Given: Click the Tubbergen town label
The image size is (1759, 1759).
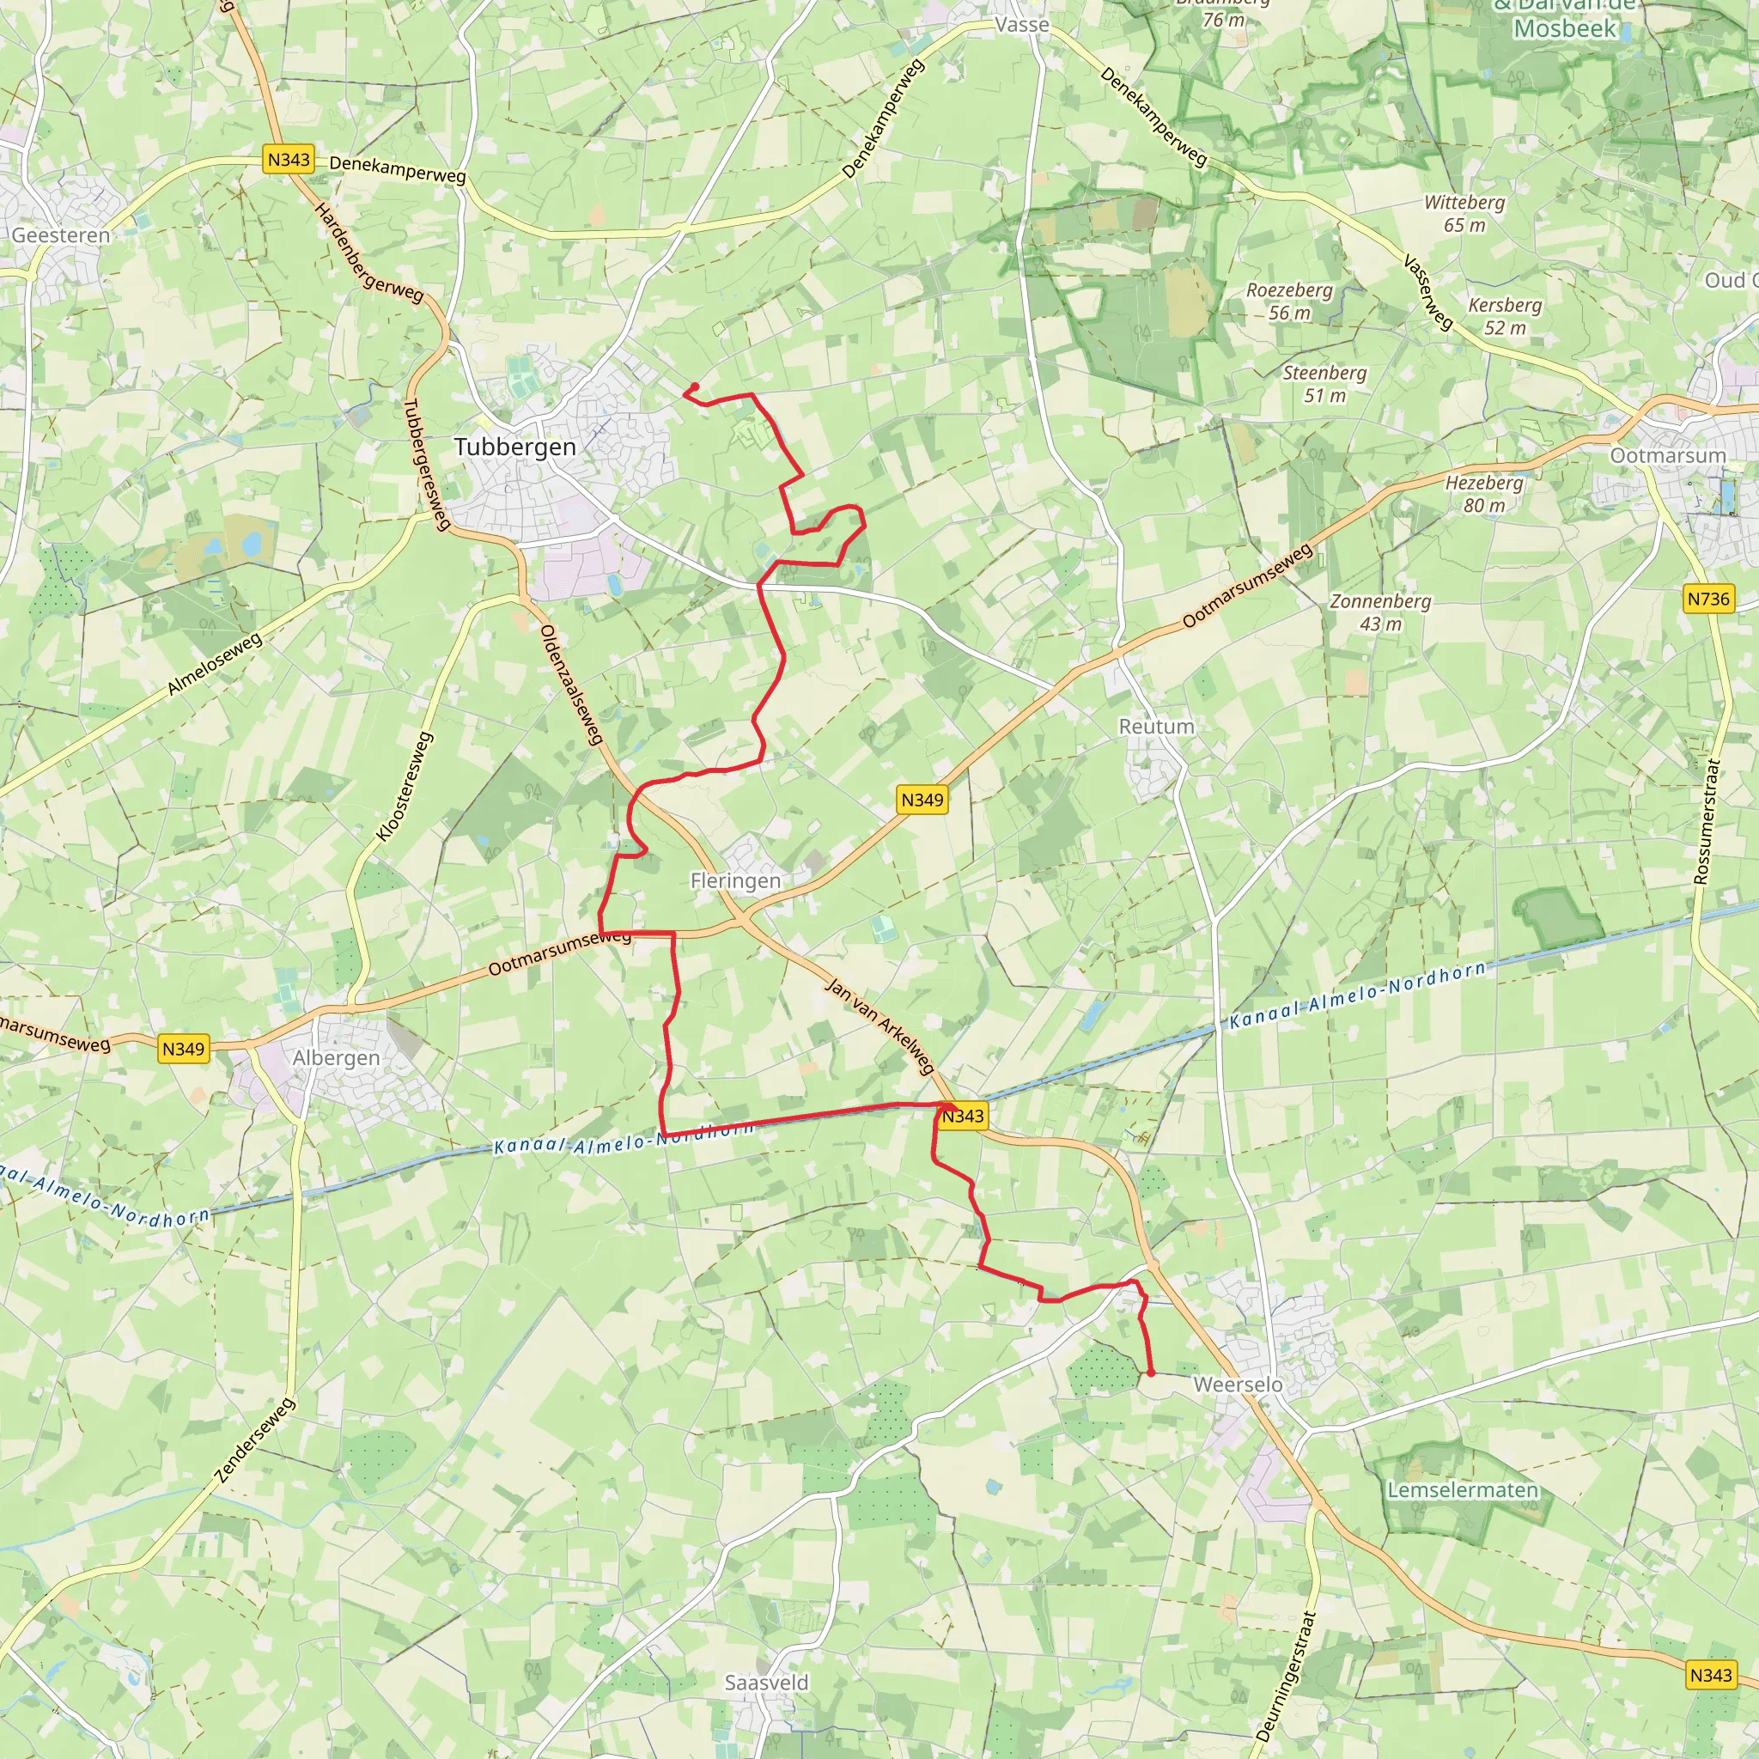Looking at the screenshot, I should tap(515, 447).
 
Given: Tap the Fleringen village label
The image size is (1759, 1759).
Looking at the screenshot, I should tap(736, 880).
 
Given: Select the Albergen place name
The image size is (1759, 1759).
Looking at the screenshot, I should tap(336, 1058).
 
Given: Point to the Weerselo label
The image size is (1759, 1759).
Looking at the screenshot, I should tap(1238, 1385).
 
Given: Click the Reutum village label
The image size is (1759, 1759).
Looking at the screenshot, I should tap(1156, 727).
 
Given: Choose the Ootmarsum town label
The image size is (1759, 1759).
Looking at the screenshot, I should tap(1668, 455).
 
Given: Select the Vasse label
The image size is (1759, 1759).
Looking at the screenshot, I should tap(1022, 25).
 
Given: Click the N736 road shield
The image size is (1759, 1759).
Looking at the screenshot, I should tap(1708, 600).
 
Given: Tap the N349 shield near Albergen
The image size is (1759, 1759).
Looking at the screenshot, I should tap(184, 1049).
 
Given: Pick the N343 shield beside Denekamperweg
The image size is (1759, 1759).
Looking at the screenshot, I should tap(289, 160).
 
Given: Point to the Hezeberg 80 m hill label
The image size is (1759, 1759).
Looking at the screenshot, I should tap(1484, 494).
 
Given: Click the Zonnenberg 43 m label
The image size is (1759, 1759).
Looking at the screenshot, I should tap(1380, 612).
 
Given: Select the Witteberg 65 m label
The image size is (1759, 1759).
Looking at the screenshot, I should tap(1464, 213).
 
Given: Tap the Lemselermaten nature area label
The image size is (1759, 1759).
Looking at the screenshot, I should tap(1462, 1490).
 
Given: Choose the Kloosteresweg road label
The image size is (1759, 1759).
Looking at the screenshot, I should tap(405, 786).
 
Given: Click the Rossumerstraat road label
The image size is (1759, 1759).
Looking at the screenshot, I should tap(1708, 821).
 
